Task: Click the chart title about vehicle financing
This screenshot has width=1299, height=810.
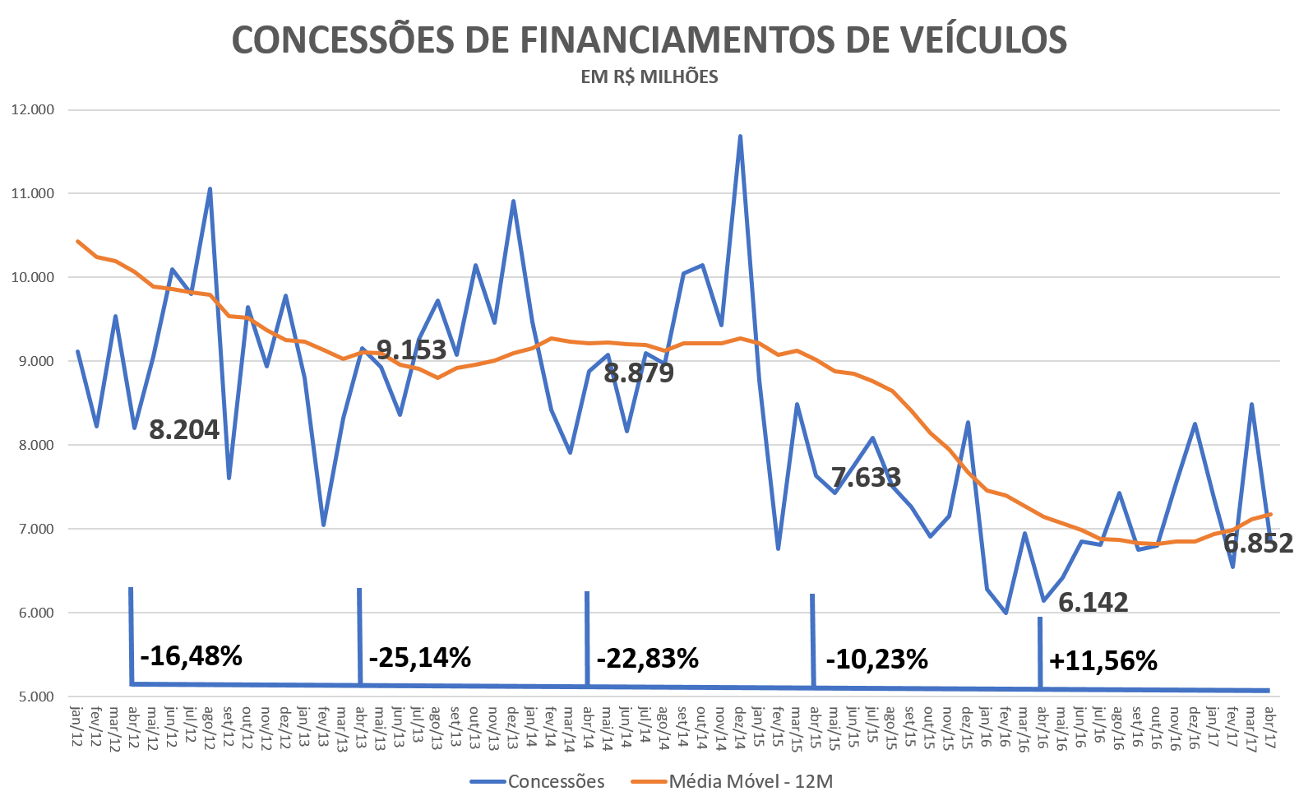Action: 649,39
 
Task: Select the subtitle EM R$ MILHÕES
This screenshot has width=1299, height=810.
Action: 649,77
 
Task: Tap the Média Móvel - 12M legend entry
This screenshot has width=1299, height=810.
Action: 732,781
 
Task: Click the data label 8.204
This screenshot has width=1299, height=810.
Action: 184,429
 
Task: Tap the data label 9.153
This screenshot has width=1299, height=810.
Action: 411,349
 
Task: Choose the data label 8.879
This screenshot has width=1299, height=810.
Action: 639,373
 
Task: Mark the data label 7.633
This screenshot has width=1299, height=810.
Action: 866,477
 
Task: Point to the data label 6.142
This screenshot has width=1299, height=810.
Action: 1093,602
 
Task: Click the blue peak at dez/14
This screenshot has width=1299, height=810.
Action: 740,136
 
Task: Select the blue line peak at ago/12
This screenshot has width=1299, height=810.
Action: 210,188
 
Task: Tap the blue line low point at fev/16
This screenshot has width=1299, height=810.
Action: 1005,613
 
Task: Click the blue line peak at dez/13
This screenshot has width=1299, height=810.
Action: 513,200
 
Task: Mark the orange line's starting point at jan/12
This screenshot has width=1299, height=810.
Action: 77,241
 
